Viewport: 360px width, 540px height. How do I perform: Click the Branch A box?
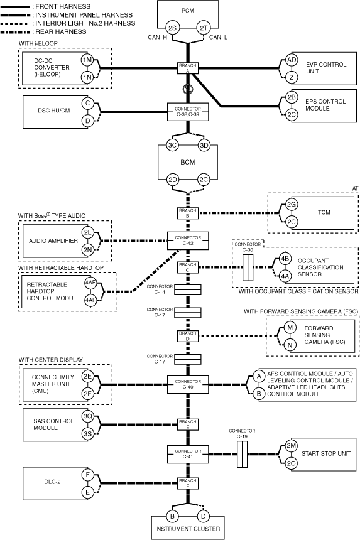[x=188, y=68]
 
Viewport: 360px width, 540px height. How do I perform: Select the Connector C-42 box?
[x=188, y=240]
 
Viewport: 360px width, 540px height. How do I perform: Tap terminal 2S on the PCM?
[x=172, y=28]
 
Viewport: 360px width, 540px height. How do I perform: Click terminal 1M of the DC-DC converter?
[x=87, y=60]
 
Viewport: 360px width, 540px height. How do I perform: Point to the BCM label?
[x=188, y=162]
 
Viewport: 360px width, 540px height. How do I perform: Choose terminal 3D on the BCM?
[x=204, y=145]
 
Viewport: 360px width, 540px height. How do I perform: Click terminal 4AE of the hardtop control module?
[x=90, y=283]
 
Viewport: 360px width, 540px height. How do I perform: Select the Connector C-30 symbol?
[x=248, y=267]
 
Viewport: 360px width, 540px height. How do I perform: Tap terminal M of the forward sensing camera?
[x=290, y=327]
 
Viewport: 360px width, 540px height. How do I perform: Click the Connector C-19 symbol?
[x=242, y=454]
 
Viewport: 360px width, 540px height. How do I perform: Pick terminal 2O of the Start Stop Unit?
[x=292, y=463]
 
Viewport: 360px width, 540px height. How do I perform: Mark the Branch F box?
[x=188, y=483]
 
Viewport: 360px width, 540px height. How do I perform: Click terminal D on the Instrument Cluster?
[x=204, y=516]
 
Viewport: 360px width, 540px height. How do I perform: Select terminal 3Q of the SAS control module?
[x=87, y=416]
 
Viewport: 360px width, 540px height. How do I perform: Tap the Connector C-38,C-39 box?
[x=188, y=112]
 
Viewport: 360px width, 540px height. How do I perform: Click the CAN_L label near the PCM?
[x=218, y=37]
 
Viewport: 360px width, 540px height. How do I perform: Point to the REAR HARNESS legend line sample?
[x=16, y=32]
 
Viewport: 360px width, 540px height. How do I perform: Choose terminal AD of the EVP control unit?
[x=292, y=60]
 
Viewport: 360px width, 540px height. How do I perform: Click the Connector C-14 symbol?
[x=188, y=290]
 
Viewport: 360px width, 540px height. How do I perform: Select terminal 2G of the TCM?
[x=292, y=205]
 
